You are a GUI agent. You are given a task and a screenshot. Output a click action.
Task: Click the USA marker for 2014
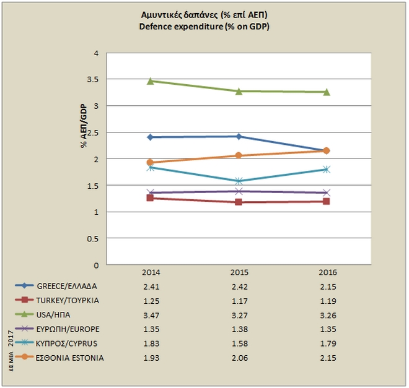pyautogui.click(x=151, y=81)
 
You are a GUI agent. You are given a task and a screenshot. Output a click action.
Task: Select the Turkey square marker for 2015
pyautogui.click(x=239, y=202)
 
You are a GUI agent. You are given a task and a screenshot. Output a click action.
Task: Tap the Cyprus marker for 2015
pyautogui.click(x=239, y=181)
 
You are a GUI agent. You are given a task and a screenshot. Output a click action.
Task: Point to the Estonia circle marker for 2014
pyautogui.click(x=151, y=163)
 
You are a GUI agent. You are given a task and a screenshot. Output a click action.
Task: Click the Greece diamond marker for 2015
pyautogui.click(x=239, y=136)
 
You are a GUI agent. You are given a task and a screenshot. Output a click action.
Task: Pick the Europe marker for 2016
pyautogui.click(x=327, y=193)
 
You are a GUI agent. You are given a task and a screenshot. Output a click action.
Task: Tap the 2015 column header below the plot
pyautogui.click(x=239, y=272)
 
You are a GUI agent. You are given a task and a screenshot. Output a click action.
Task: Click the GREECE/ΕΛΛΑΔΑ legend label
pyautogui.click(x=68, y=286)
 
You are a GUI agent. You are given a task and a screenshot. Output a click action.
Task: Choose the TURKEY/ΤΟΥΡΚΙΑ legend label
pyautogui.click(x=68, y=300)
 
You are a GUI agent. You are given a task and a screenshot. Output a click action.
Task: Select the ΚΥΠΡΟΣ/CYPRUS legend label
pyautogui.click(x=68, y=343)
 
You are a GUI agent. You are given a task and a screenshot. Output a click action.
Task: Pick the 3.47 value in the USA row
pyautogui.click(x=151, y=314)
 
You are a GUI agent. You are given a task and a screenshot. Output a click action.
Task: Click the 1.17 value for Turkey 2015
pyautogui.click(x=239, y=300)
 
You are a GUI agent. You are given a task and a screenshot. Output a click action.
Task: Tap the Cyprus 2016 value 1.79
pyautogui.click(x=327, y=343)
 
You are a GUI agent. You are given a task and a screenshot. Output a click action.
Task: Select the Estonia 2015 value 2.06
pyautogui.click(x=239, y=357)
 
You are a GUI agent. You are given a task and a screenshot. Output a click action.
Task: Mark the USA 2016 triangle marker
pyautogui.click(x=327, y=92)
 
